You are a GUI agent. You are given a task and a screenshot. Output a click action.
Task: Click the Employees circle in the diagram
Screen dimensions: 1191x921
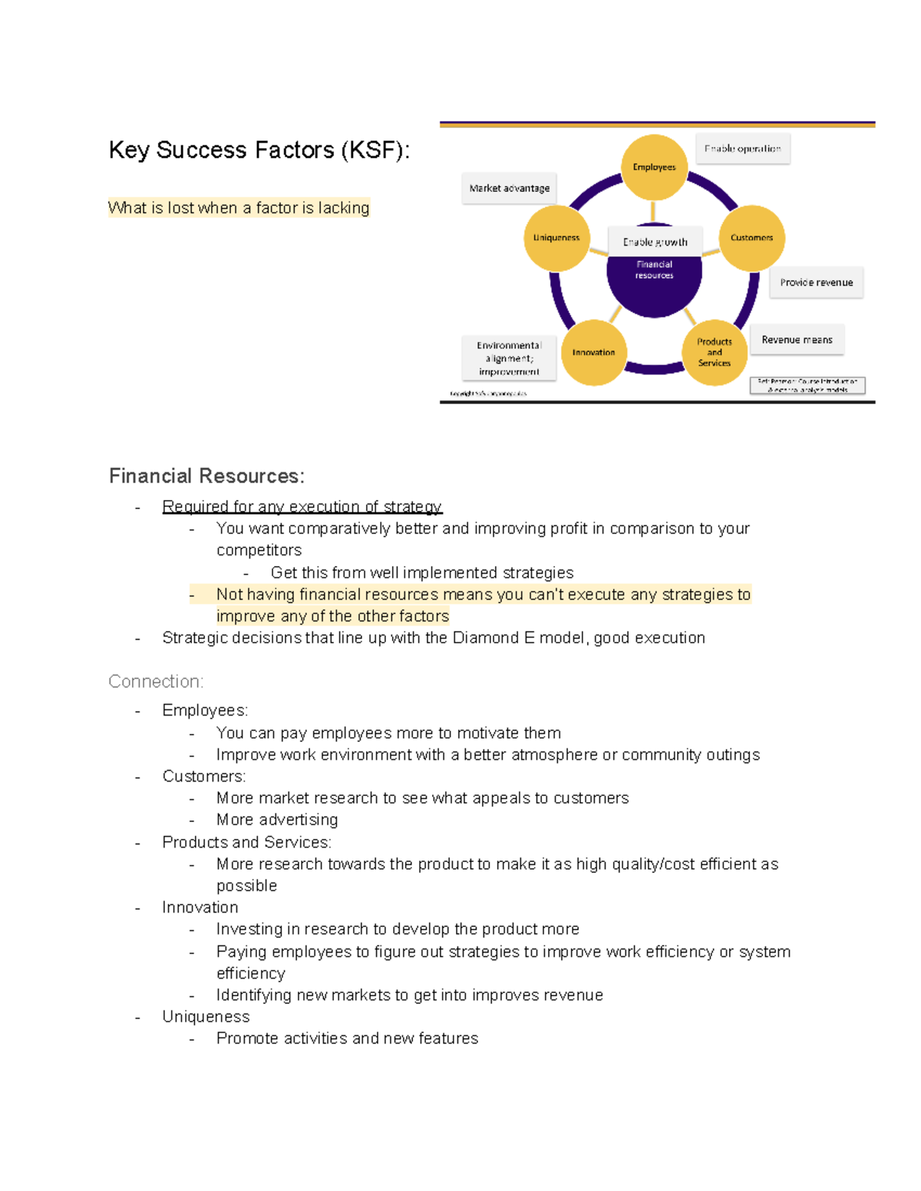tap(654, 167)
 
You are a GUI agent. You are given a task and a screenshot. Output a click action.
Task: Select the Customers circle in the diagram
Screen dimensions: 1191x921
tap(751, 238)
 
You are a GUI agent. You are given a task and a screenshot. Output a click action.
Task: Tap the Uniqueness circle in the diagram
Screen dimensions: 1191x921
tap(556, 238)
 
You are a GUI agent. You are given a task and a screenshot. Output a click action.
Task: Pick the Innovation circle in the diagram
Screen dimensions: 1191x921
tap(593, 353)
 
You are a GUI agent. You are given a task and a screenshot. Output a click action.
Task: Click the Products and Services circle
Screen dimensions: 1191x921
tap(715, 352)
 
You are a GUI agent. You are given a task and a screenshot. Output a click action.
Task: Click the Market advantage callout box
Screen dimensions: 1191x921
tap(509, 188)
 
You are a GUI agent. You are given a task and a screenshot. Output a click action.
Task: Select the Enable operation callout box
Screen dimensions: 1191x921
tap(742, 149)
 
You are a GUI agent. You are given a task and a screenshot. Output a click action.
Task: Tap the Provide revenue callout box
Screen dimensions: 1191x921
tap(816, 282)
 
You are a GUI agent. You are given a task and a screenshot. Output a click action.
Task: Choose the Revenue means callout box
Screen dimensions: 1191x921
tap(797, 340)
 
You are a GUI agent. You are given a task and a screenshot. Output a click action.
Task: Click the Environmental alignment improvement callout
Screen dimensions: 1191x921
tap(508, 358)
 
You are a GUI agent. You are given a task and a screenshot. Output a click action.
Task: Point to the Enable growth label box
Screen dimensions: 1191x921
tap(655, 242)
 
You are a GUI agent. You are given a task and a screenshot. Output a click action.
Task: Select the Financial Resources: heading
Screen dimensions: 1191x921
tap(206, 476)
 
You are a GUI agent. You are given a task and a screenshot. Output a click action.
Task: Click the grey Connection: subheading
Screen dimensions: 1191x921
tap(156, 681)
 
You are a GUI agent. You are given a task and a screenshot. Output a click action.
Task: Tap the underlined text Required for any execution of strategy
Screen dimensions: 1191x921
tap(302, 506)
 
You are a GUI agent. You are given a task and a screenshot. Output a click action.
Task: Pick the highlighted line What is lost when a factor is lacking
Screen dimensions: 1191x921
tap(239, 208)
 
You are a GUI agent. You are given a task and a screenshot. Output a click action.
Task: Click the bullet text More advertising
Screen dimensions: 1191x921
tap(277, 820)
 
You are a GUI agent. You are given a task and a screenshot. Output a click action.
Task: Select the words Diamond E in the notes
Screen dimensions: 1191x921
tap(494, 638)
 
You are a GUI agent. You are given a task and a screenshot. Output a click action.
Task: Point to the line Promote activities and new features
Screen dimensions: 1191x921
tap(347, 1038)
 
